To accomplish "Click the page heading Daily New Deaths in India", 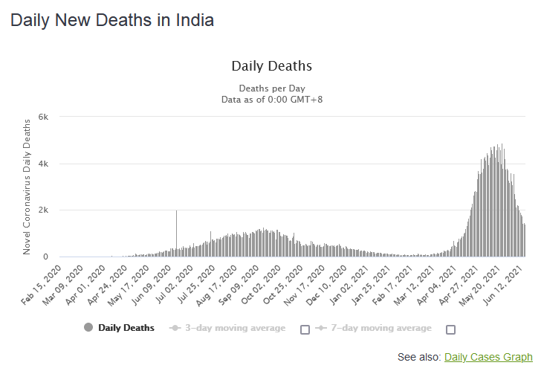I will (112, 20).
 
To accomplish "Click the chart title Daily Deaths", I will (272, 66).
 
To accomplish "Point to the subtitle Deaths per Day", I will (272, 88).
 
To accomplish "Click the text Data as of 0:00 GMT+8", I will (272, 99).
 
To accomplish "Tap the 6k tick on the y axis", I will (43, 117).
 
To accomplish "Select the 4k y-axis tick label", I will (43, 164).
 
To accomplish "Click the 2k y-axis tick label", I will (43, 210).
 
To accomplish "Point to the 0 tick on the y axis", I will (46, 257).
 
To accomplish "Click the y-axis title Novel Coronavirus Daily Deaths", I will (27, 186).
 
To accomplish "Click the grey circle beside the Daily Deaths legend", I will (89, 328).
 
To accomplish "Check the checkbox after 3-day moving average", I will (305, 329).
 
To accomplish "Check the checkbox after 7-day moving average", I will (450, 329).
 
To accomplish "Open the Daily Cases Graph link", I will (488, 358).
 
